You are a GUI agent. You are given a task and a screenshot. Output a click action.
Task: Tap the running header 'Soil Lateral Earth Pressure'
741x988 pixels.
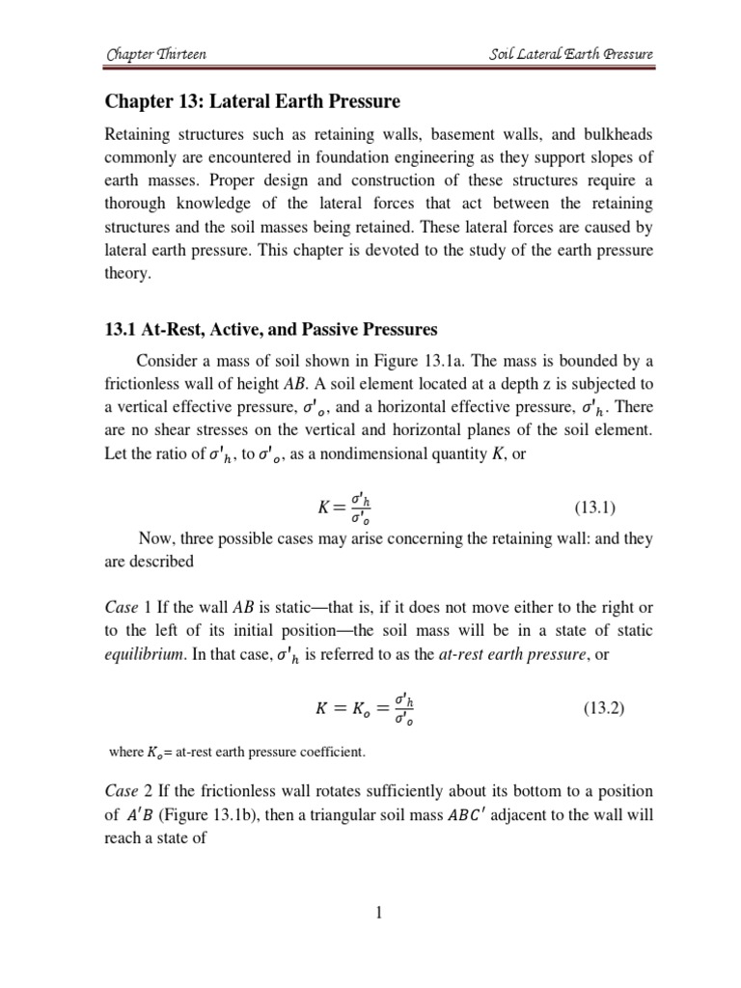(x=571, y=55)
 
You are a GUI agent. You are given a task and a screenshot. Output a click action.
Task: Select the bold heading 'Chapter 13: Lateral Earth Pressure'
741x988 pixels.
(x=251, y=101)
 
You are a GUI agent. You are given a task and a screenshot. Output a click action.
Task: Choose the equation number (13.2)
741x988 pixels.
(x=604, y=708)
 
